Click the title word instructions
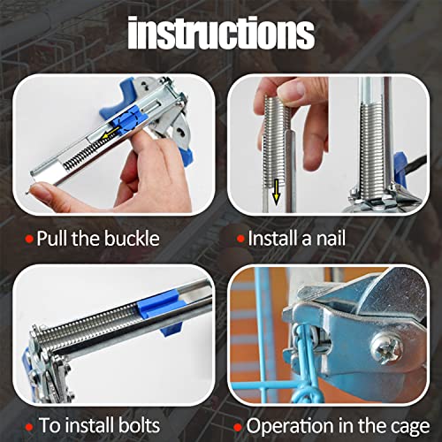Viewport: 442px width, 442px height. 220,34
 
